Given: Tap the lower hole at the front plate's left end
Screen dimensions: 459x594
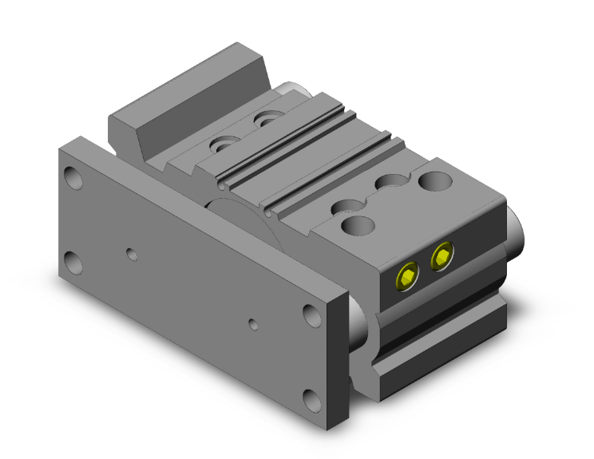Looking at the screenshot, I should coord(73,260).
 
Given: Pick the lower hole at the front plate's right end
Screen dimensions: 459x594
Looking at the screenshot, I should coord(312,398).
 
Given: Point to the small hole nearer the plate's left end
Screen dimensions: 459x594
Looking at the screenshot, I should coord(132,254).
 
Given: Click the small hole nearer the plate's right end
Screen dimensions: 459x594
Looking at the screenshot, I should coord(252,324).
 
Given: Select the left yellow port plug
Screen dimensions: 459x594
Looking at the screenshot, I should coord(407,276).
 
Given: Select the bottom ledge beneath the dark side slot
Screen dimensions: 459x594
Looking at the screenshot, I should coord(439,363).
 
